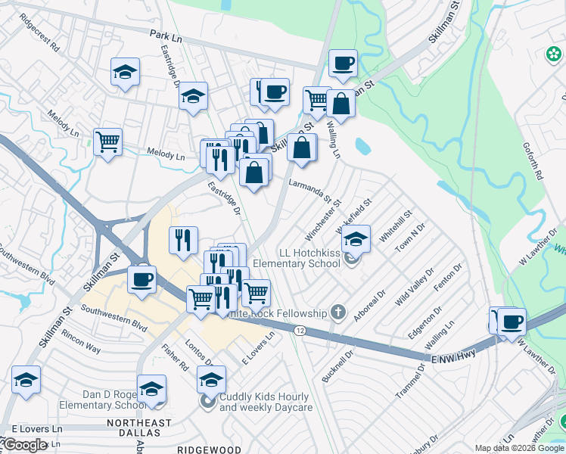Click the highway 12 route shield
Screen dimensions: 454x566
300,331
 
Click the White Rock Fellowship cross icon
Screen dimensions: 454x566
339,313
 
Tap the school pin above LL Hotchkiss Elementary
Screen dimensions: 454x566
356,238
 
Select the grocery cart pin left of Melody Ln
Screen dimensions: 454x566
107,141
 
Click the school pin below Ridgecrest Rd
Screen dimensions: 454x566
126,72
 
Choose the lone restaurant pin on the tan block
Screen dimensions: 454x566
183,240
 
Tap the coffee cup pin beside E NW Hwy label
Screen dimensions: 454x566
512,321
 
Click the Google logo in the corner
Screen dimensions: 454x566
25,445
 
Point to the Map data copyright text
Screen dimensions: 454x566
518,448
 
